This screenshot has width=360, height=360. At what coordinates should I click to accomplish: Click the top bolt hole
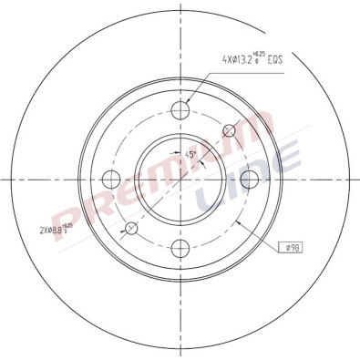tap(180, 112)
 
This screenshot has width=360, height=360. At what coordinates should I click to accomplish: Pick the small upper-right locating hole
tap(229, 130)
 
